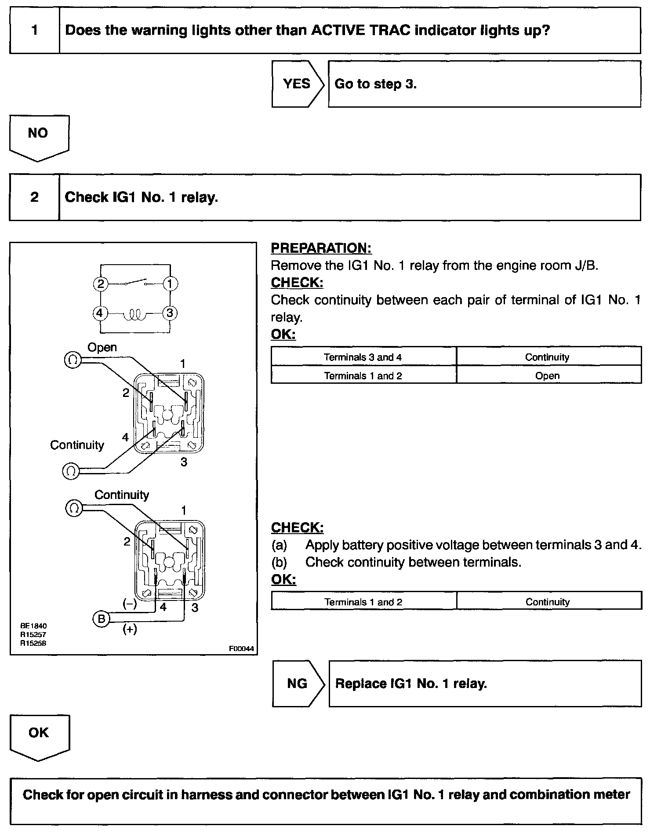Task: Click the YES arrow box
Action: pyautogui.click(x=297, y=84)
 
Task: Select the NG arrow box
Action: pyautogui.click(x=297, y=683)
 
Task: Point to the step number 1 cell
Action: pyautogui.click(x=34, y=31)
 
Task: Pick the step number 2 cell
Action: pyautogui.click(x=34, y=197)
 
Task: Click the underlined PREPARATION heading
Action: pyautogui.click(x=321, y=248)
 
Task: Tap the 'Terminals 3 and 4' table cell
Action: pyautogui.click(x=363, y=357)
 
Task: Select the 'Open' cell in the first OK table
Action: pyautogui.click(x=548, y=376)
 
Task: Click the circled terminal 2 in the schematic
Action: pyautogui.click(x=101, y=284)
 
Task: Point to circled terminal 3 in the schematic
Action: pyautogui.click(x=170, y=313)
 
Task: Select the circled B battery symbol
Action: pyautogui.click(x=101, y=619)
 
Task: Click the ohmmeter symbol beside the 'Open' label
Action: pyautogui.click(x=73, y=360)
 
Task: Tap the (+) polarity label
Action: pyautogui.click(x=129, y=630)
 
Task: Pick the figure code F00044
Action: pyautogui.click(x=241, y=649)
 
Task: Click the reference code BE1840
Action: pyautogui.click(x=33, y=626)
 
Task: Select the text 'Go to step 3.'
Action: pyautogui.click(x=375, y=84)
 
